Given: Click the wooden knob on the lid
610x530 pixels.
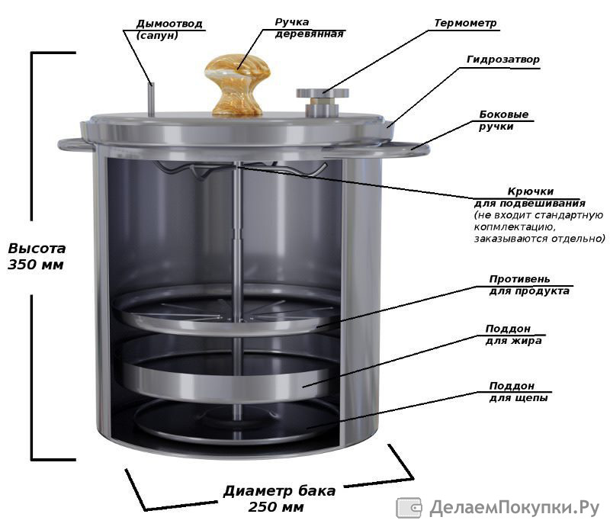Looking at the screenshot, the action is pyautogui.click(x=237, y=85).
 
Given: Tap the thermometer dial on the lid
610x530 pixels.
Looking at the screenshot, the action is pyautogui.click(x=323, y=93).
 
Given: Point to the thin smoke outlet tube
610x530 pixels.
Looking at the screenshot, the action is pyautogui.click(x=151, y=99).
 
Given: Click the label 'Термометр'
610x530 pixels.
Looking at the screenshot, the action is pyautogui.click(x=465, y=23).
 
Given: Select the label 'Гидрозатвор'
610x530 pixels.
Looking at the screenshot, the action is pyautogui.click(x=503, y=59).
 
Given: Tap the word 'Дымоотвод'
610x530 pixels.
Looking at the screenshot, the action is pyautogui.click(x=169, y=24).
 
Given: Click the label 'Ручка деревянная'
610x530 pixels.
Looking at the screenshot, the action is pyautogui.click(x=310, y=28).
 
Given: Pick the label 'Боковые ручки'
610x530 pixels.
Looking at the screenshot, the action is pyautogui.click(x=504, y=120).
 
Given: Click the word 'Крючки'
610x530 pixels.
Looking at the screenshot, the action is pyautogui.click(x=530, y=191).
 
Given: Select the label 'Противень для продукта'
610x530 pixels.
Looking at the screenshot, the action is pyautogui.click(x=529, y=285).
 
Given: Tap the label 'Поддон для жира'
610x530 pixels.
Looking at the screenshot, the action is pyautogui.click(x=513, y=335).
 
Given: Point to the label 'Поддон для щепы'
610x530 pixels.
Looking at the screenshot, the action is pyautogui.click(x=518, y=391).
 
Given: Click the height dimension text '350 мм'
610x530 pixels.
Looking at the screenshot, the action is pyautogui.click(x=36, y=265).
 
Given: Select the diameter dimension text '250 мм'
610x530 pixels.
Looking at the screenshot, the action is pyautogui.click(x=276, y=507).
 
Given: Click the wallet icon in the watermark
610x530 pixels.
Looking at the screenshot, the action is pyautogui.click(x=409, y=508).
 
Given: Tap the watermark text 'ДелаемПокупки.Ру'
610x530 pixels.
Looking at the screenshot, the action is pyautogui.click(x=514, y=508).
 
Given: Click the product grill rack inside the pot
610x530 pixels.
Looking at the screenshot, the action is pyautogui.click(x=227, y=310).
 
